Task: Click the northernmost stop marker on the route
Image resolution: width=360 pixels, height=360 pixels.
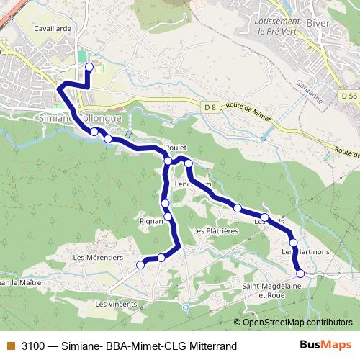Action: click(89, 67)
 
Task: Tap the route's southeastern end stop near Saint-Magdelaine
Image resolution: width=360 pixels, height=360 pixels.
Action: click(300, 273)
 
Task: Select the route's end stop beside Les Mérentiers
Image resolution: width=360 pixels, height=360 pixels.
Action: click(140, 265)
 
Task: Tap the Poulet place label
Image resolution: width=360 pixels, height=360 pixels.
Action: click(176, 147)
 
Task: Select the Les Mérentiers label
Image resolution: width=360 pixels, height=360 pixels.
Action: click(99, 257)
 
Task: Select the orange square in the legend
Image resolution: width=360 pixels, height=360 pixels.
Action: click(11, 346)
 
